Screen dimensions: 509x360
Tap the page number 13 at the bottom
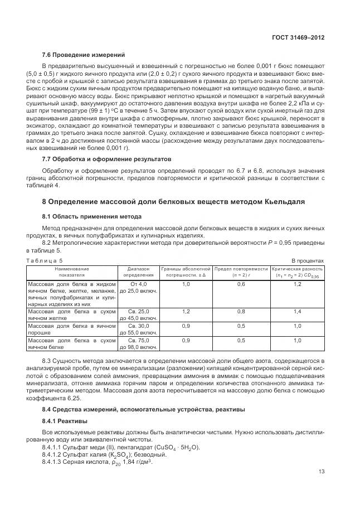click(x=321, y=472)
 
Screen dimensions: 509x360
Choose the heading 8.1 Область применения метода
click(x=91, y=216)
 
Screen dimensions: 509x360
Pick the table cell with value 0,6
click(x=241, y=284)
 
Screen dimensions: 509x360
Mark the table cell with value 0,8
click(x=241, y=312)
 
